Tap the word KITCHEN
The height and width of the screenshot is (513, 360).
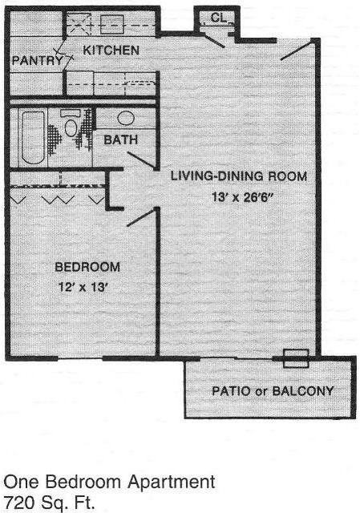point(111,50)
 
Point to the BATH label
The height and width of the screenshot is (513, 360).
point(121,139)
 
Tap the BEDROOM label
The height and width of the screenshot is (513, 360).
point(87,266)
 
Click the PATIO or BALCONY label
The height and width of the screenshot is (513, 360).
point(273,391)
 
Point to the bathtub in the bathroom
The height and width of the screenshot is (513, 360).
point(34,135)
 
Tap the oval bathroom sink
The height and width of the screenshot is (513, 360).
point(126,118)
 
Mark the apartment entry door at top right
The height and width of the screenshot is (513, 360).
point(293,50)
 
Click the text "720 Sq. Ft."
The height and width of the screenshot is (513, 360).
point(49,504)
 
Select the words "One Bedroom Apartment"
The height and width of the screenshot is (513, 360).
point(109,483)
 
